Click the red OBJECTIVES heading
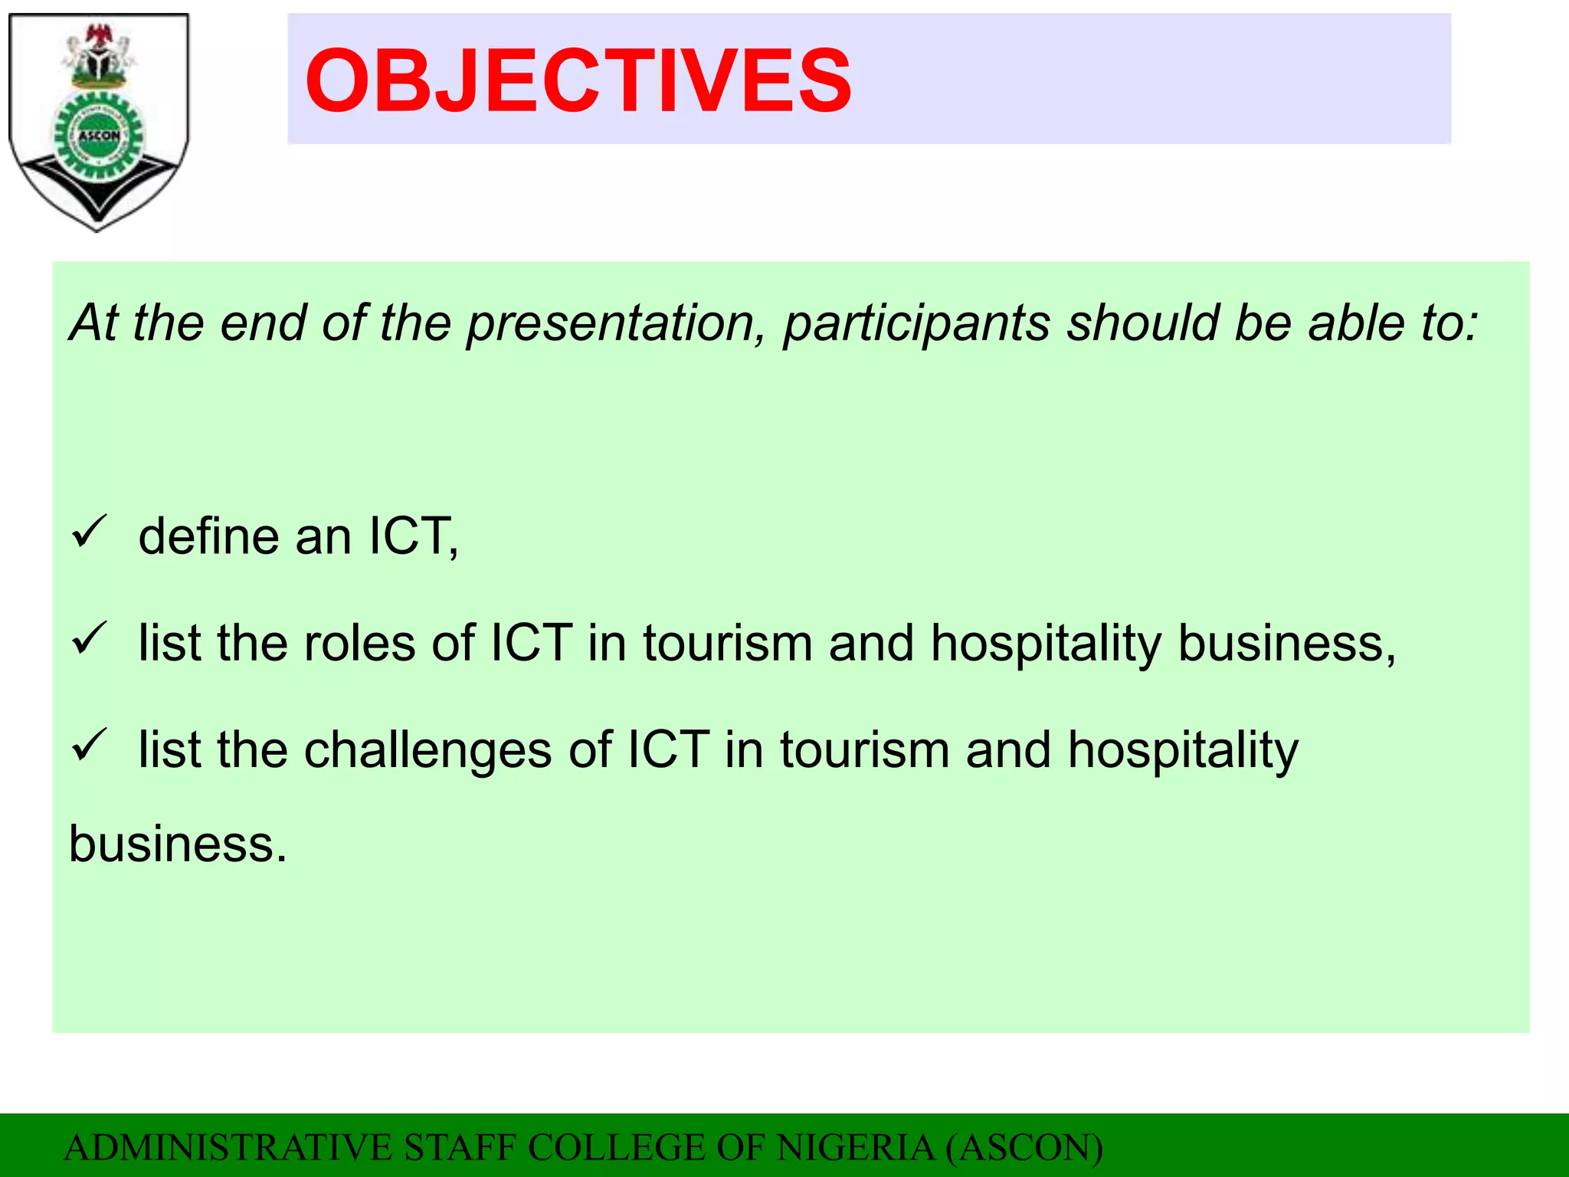click(x=578, y=80)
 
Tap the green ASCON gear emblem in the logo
click(x=99, y=136)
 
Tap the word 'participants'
click(x=916, y=323)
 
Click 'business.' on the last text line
click(x=178, y=844)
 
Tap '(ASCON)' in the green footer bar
click(x=1024, y=1148)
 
